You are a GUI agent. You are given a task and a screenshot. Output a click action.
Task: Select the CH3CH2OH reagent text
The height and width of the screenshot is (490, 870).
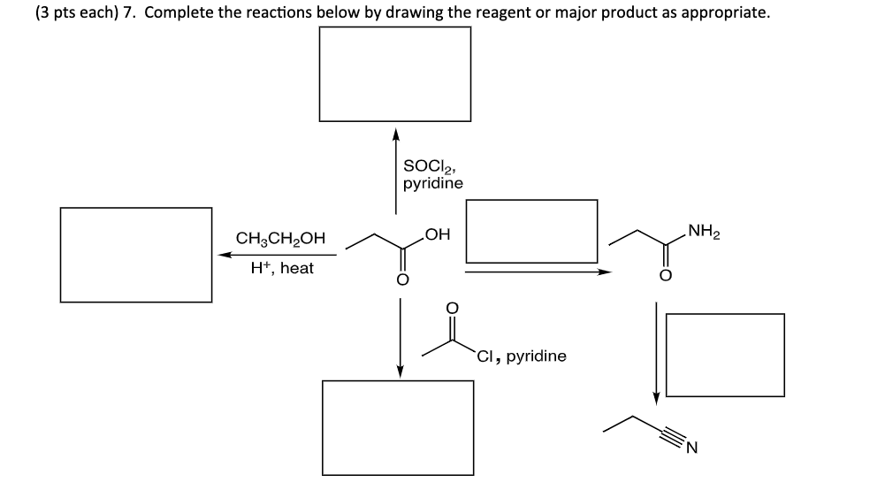point(280,239)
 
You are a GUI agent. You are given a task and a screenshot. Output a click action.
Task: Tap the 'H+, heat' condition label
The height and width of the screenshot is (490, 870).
point(282,268)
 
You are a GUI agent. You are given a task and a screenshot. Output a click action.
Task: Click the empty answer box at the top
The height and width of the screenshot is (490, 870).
point(395,73)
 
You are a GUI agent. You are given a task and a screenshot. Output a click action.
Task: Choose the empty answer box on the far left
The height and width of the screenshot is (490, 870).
point(136,255)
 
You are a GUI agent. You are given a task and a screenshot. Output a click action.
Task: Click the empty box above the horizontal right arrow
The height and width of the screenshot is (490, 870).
point(531,230)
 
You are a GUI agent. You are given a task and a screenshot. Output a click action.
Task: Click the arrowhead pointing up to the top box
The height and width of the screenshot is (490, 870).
point(396,134)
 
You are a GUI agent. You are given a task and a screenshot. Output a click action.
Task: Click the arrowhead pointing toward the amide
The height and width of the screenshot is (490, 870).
point(606,272)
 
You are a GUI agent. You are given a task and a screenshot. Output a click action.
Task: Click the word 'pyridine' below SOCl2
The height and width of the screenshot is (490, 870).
point(432,183)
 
